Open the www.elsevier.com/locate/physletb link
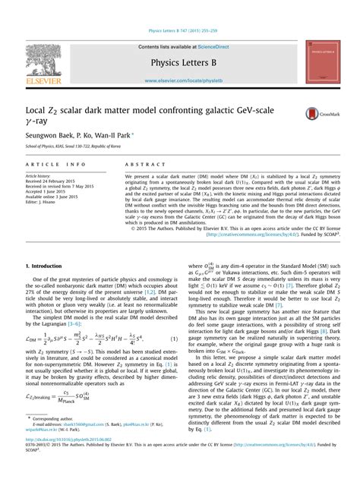[x=180, y=80]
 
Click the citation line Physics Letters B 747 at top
[x=180, y=31]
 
